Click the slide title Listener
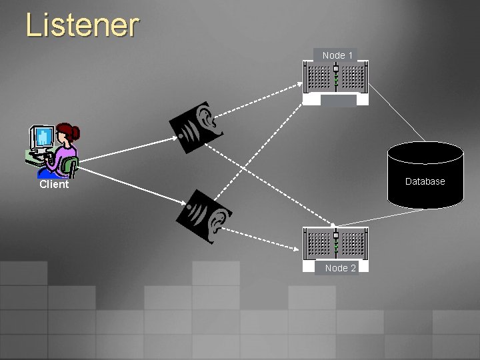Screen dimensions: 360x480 point(82,25)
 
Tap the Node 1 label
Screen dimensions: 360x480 point(337,55)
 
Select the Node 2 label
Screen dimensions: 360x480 point(340,268)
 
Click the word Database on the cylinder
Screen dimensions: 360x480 point(425,181)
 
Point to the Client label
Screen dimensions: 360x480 point(54,185)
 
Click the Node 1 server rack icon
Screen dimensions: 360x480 point(336,78)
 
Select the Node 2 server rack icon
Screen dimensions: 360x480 point(336,244)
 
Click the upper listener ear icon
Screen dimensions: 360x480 point(197,125)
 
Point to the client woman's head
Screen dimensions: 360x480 point(67,133)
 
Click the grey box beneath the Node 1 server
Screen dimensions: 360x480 point(339,101)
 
